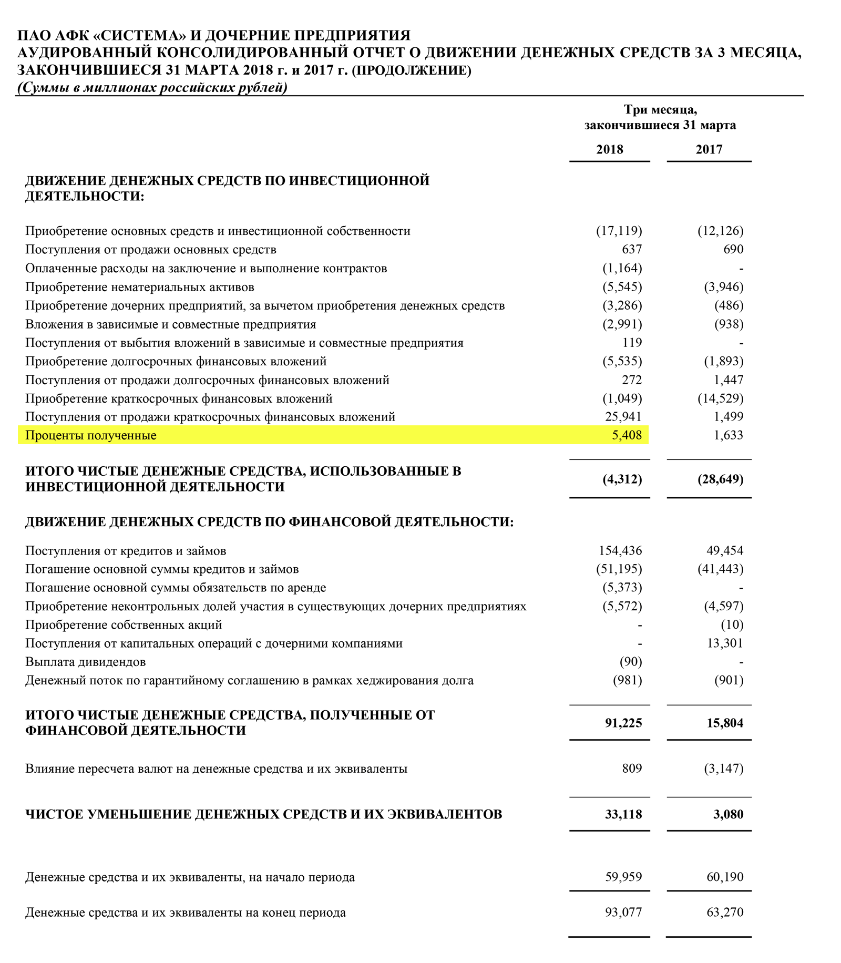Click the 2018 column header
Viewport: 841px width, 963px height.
609,149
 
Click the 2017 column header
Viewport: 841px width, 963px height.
709,149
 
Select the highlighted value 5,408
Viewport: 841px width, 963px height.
627,435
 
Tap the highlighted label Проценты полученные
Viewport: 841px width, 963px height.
91,435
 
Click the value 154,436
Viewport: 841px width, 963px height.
620,551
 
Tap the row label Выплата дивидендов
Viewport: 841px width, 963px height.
86,662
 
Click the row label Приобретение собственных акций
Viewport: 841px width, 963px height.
124,625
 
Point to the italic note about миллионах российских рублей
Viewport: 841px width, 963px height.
152,87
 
